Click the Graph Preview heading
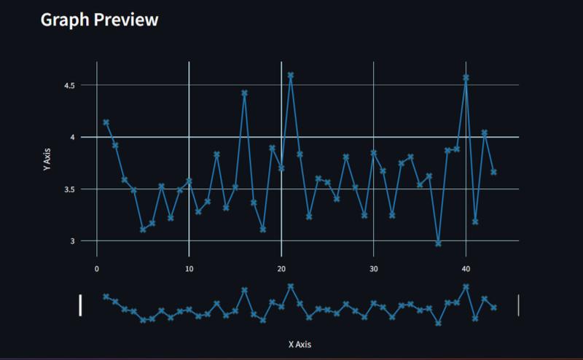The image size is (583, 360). point(99,20)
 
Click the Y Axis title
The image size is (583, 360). point(47,158)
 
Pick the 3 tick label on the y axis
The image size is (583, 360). point(73,240)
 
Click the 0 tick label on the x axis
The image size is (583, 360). point(97,268)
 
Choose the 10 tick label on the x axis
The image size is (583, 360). point(189,268)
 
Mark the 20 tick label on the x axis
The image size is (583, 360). point(281,268)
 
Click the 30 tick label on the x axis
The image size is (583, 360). point(373,268)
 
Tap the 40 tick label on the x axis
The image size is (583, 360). point(466,268)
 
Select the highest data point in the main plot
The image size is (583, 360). point(290,75)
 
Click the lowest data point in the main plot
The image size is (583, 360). point(438,243)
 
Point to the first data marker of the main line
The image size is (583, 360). point(106,122)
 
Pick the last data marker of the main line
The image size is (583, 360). point(493,172)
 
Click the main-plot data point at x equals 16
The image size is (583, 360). point(244,93)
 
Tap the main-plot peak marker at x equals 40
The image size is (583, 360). point(466,77)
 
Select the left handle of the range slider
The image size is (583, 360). point(80,305)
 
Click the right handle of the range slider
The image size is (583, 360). point(518,305)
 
